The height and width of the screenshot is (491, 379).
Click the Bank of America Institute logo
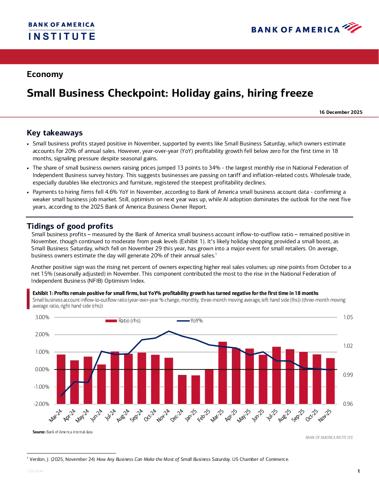[x=62, y=31]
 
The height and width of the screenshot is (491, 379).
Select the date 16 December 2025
[x=340, y=112]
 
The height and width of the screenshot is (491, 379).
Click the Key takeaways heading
[x=55, y=133]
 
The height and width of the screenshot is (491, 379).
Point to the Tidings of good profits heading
[x=70, y=226]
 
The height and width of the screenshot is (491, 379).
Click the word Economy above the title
[x=45, y=74]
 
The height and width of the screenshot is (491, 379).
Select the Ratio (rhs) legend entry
[x=123, y=321]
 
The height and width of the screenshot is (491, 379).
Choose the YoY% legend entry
[x=190, y=321]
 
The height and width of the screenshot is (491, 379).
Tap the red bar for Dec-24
[x=182, y=389]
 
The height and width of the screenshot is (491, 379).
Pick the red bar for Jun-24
[x=101, y=384]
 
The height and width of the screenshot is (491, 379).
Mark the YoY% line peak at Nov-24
[x=169, y=331]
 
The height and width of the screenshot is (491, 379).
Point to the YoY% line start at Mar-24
[x=61, y=396]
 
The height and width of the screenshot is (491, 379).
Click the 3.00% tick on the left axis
[x=42, y=317]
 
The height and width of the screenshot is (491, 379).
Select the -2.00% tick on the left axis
[x=42, y=404]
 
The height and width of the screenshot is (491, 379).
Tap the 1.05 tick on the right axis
[x=348, y=317]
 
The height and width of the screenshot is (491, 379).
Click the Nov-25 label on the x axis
[x=325, y=415]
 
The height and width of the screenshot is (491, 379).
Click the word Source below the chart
[x=39, y=432]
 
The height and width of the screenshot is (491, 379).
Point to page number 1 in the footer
[x=359, y=471]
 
